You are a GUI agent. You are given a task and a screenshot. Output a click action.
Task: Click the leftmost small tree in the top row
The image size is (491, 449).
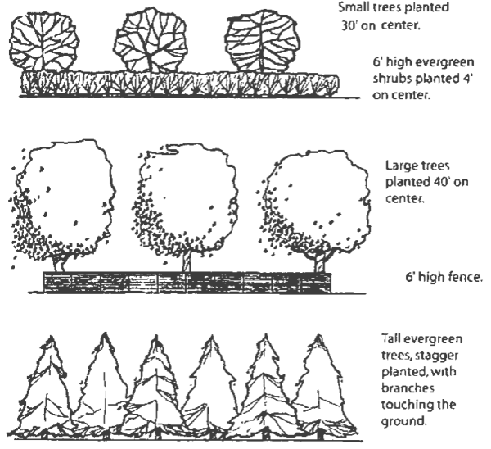[44, 41]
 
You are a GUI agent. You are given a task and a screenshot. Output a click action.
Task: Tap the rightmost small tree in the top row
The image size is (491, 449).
[260, 41]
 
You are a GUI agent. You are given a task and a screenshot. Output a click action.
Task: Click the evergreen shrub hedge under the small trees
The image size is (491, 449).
[180, 84]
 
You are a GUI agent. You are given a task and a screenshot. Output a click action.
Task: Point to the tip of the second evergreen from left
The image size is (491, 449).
[105, 336]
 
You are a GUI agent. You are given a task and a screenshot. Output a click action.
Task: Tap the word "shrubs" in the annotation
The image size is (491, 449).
[389, 79]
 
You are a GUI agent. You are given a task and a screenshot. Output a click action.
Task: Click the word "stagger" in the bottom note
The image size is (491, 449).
[435, 355]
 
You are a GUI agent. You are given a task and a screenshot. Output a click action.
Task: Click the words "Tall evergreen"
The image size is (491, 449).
[422, 339]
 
